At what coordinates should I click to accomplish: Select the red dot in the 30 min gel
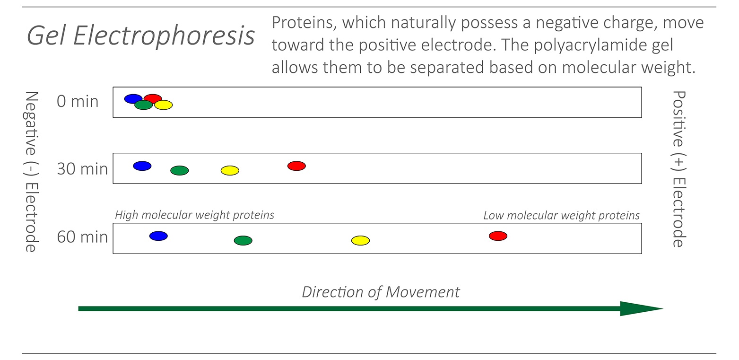click(x=296, y=166)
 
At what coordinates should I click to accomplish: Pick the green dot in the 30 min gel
click(x=180, y=170)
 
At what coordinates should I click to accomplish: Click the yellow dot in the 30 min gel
click(x=230, y=170)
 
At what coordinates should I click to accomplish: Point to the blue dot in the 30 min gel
click(x=142, y=166)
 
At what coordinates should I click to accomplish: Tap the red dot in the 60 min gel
click(x=498, y=236)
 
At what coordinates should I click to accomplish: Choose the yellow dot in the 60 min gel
click(x=360, y=241)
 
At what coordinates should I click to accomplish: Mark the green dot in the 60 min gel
click(x=243, y=241)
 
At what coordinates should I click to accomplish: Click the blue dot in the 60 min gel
click(x=158, y=236)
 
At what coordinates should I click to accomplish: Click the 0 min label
click(x=78, y=101)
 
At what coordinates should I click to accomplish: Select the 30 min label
click(x=82, y=169)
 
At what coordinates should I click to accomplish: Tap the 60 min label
click(x=82, y=237)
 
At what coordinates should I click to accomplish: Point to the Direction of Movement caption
click(x=381, y=292)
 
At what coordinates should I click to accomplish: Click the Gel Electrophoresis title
click(x=141, y=36)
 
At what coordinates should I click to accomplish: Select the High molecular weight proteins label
click(x=195, y=215)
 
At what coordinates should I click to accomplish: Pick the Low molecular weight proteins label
click(x=561, y=216)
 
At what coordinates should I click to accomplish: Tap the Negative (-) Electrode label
click(x=30, y=171)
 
